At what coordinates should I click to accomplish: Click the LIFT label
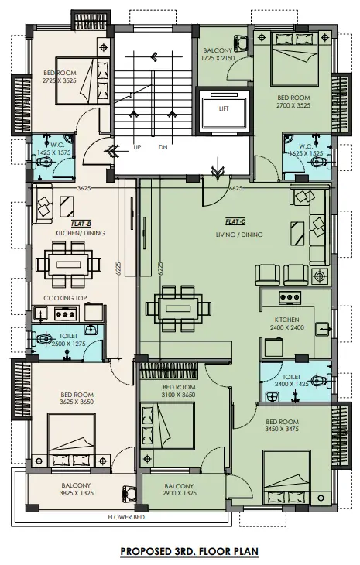pyautogui.click(x=224, y=108)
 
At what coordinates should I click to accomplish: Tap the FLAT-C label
pyautogui.click(x=235, y=221)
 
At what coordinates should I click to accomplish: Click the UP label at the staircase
pyautogui.click(x=137, y=147)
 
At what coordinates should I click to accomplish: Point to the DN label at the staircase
pyautogui.click(x=163, y=147)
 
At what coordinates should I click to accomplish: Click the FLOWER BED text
pyautogui.click(x=126, y=517)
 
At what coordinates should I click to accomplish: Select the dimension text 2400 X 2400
pyautogui.click(x=287, y=327)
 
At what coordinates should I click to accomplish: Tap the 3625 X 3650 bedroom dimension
pyautogui.click(x=77, y=402)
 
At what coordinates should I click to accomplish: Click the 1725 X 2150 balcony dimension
pyautogui.click(x=218, y=58)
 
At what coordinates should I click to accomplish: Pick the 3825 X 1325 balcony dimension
pyautogui.click(x=77, y=493)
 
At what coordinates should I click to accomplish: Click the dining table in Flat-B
pyautogui.click(x=68, y=265)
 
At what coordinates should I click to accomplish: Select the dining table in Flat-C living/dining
pyautogui.click(x=178, y=309)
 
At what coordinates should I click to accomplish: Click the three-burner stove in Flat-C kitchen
pyautogui.click(x=290, y=297)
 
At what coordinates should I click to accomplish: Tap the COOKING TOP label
pyautogui.click(x=65, y=298)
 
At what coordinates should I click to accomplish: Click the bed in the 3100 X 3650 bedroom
pyautogui.click(x=167, y=426)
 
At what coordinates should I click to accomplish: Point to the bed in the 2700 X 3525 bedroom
pyautogui.click(x=294, y=59)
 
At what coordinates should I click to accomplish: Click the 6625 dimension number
pyautogui.click(x=235, y=188)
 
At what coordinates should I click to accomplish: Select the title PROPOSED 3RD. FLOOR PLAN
pyautogui.click(x=190, y=551)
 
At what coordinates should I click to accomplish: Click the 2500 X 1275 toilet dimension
pyautogui.click(x=68, y=344)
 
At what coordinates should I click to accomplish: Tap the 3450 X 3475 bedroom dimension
pyautogui.click(x=282, y=429)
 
